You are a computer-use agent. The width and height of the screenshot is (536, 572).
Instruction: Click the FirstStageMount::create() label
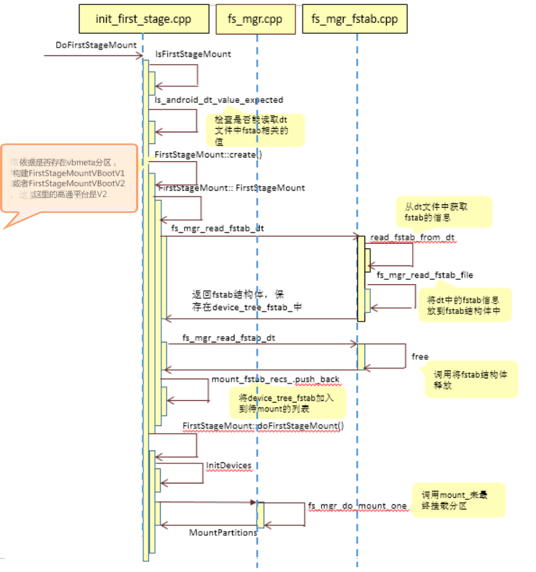[x=209, y=155]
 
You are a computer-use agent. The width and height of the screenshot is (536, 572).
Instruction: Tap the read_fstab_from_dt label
[x=412, y=237]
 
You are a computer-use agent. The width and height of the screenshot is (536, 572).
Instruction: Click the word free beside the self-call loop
[x=420, y=356]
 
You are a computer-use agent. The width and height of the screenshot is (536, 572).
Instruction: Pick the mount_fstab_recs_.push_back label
[x=275, y=379]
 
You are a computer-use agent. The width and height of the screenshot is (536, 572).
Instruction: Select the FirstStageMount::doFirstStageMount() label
[x=264, y=426]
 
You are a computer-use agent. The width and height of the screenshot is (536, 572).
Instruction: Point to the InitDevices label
[x=228, y=466]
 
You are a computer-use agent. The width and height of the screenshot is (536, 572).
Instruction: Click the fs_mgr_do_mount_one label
[x=358, y=507]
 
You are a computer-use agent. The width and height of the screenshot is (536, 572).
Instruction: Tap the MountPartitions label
[x=223, y=532]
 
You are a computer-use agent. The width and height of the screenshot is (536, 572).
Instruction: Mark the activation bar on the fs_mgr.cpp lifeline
[x=260, y=514]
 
